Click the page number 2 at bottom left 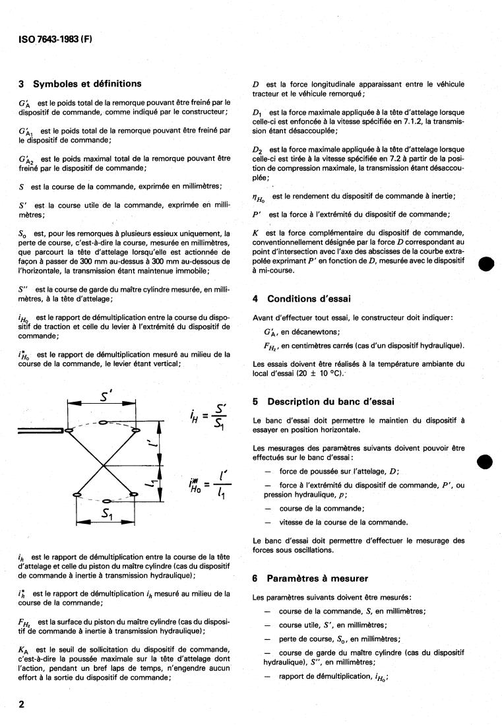22,704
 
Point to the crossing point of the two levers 104,464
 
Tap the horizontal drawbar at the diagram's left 41,432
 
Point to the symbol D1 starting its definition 257,113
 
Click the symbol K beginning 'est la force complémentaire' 255,233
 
